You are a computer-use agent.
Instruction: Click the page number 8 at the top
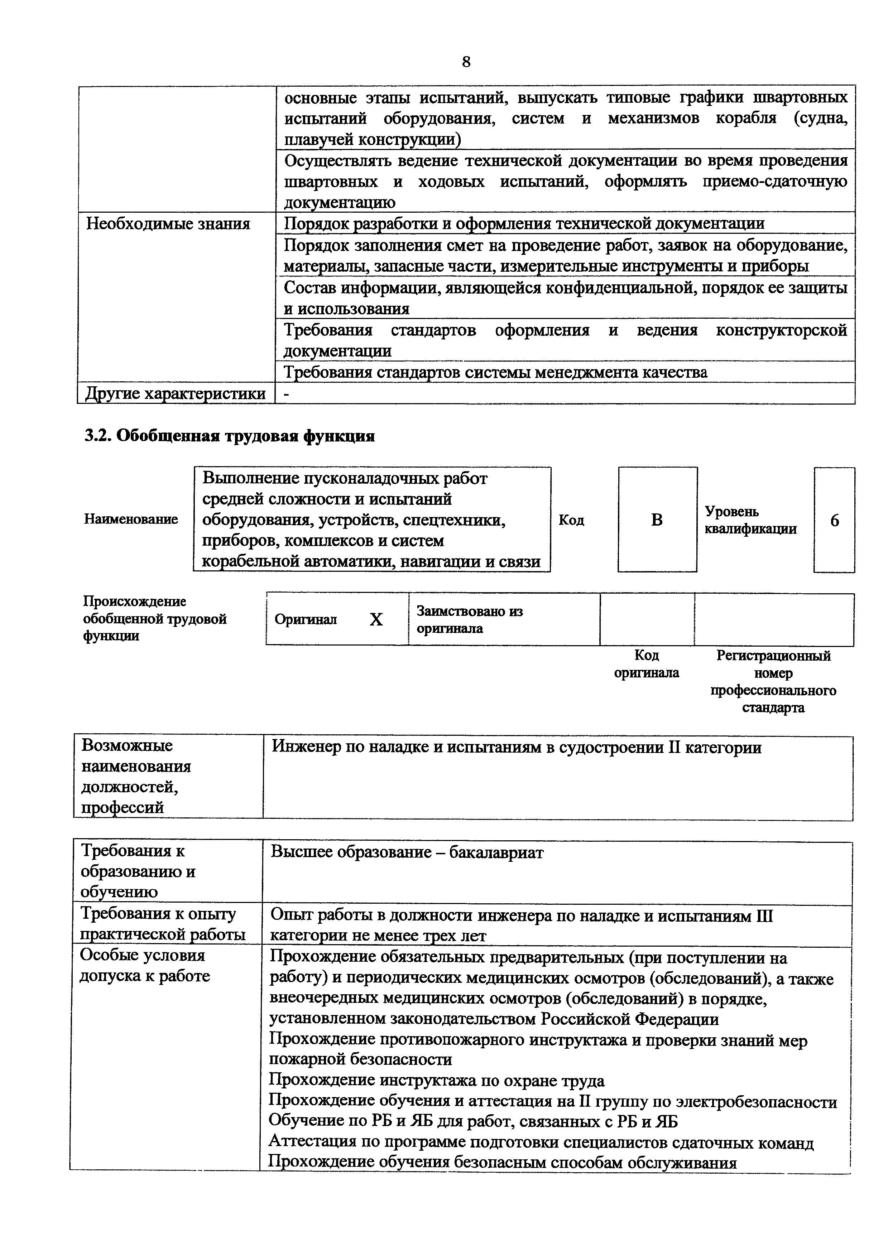coord(466,62)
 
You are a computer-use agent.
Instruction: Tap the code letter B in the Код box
coord(657,520)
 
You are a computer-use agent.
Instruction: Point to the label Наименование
coord(131,519)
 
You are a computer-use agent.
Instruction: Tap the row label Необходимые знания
coord(168,224)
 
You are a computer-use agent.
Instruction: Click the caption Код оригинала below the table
coord(646,663)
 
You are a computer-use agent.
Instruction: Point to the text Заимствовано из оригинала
coord(470,619)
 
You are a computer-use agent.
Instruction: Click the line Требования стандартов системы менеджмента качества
coord(495,372)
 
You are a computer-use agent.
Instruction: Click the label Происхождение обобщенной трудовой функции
coord(155,619)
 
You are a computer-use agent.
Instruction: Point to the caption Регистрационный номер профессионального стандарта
coord(773,681)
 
